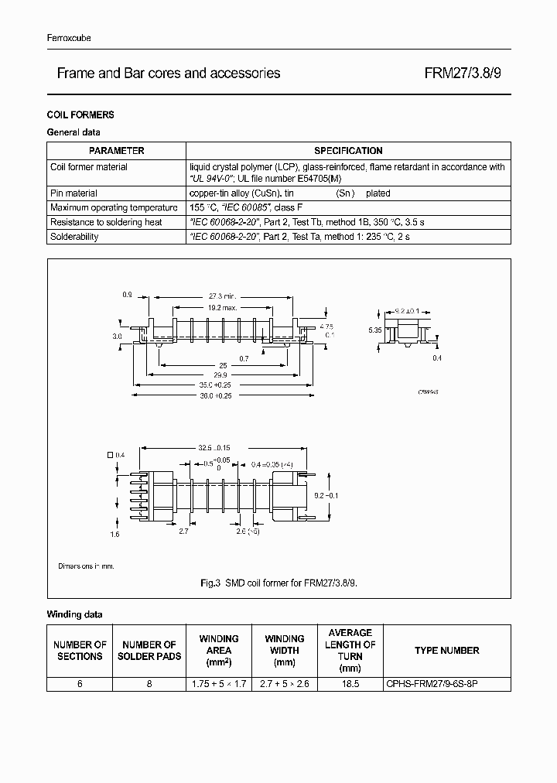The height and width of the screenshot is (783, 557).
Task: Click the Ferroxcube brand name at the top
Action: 69,38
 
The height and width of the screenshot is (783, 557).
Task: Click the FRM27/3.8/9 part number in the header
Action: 467,74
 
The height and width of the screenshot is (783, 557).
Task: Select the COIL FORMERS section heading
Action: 80,115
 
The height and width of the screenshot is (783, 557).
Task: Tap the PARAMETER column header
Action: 116,151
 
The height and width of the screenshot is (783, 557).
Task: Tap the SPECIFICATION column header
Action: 348,151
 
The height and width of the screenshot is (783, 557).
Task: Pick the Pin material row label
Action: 73,193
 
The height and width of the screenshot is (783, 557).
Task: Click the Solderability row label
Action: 74,237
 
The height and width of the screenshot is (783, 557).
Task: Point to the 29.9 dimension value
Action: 222,373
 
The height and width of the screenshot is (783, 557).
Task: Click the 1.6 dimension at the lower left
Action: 114,535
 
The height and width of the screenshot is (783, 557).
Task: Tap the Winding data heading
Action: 74,615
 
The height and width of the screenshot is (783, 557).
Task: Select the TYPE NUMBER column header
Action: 446,651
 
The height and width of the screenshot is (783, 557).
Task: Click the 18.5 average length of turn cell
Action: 350,684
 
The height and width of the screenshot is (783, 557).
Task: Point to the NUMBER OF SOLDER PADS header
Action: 149,651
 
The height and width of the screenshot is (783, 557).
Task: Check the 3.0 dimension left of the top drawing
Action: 117,337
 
